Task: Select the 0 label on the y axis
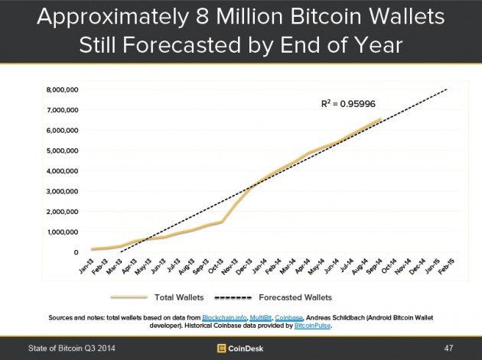point(75,252)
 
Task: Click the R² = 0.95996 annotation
point(348,101)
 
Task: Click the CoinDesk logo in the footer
point(239,349)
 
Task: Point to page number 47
point(449,349)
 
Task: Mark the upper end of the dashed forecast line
point(447,89)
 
